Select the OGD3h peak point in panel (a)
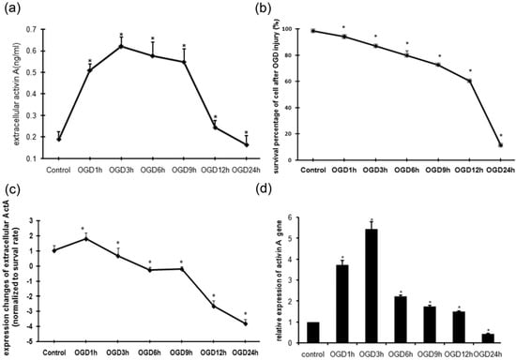[x=121, y=46]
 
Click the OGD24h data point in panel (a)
[x=247, y=144]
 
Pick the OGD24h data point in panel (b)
[x=501, y=145]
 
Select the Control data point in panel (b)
[x=311, y=31]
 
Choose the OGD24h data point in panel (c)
[x=245, y=323]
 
